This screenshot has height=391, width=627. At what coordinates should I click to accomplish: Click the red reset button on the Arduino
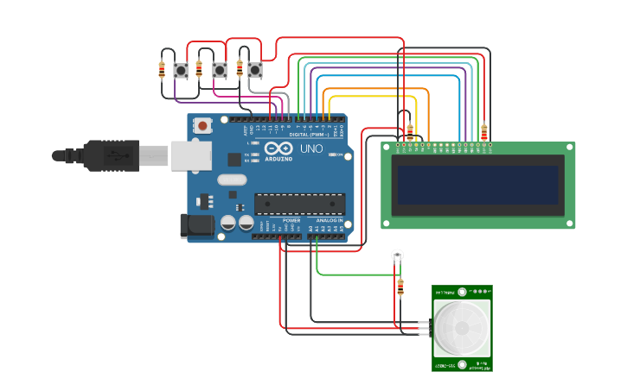[x=202, y=125]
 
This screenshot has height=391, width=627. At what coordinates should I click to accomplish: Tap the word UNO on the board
[x=311, y=148]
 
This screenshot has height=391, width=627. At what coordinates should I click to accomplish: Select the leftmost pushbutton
[x=181, y=70]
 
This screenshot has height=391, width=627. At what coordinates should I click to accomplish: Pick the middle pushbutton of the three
[x=220, y=70]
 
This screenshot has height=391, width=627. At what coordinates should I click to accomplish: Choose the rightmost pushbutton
[x=254, y=69]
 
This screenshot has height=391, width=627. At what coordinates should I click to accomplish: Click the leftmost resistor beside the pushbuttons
[x=162, y=70]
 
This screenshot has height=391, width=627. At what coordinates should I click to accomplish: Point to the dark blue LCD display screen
[x=478, y=185]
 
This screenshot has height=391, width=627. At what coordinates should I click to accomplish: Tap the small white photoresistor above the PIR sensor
[x=397, y=255]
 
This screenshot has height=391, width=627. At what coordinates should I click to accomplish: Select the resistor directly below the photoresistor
[x=400, y=287]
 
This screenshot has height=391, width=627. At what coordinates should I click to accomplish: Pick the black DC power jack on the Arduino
[x=195, y=226]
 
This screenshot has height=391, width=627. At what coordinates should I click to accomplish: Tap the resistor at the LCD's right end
[x=483, y=132]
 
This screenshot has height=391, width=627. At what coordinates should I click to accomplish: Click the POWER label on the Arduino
[x=291, y=220]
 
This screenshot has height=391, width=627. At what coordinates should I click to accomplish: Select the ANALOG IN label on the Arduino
[x=328, y=220]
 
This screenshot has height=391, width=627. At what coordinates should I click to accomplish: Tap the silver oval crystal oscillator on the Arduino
[x=232, y=180]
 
